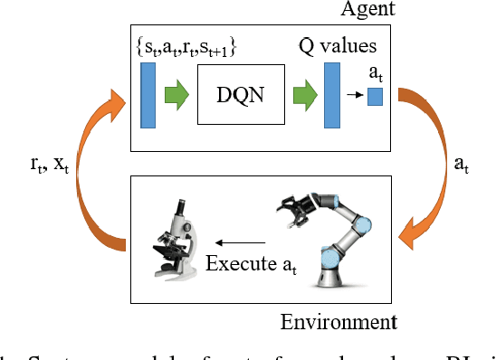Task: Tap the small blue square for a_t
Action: point(375,93)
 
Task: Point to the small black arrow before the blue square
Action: point(354,93)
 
